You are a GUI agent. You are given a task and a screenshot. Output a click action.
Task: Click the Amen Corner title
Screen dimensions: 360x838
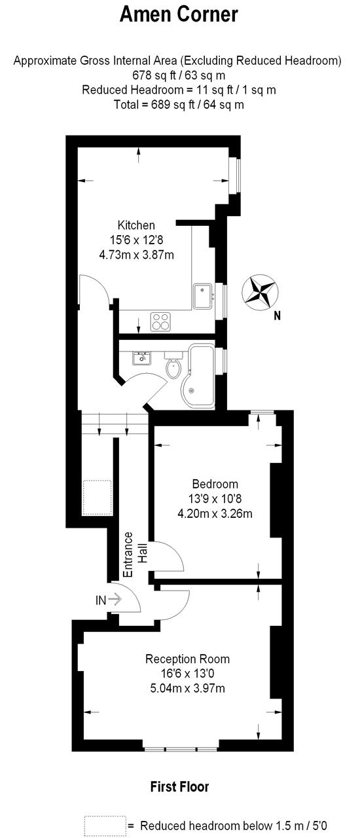(x=179, y=15)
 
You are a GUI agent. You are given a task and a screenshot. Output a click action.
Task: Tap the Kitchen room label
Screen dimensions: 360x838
(x=136, y=225)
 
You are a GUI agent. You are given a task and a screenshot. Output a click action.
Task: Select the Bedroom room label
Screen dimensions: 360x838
(x=215, y=484)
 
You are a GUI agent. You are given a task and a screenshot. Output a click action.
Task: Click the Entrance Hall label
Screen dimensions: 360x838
(x=134, y=555)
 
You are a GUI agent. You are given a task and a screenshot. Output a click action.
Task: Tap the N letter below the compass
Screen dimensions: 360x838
(x=277, y=316)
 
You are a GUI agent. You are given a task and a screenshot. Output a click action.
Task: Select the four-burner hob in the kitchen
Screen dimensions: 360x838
(x=160, y=322)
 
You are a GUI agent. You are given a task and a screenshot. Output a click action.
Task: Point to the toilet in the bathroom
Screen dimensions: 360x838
(x=173, y=366)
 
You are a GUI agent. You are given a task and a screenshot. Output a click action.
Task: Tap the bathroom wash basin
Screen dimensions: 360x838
(x=141, y=358)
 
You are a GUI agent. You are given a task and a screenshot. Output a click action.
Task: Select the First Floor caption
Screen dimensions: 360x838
(x=179, y=787)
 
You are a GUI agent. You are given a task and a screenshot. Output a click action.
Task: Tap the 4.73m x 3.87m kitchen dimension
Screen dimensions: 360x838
(x=137, y=255)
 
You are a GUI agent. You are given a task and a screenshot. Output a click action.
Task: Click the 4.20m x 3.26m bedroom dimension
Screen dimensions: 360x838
(x=215, y=514)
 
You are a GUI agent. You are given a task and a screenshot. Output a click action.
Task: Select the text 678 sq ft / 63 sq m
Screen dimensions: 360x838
(x=179, y=75)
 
